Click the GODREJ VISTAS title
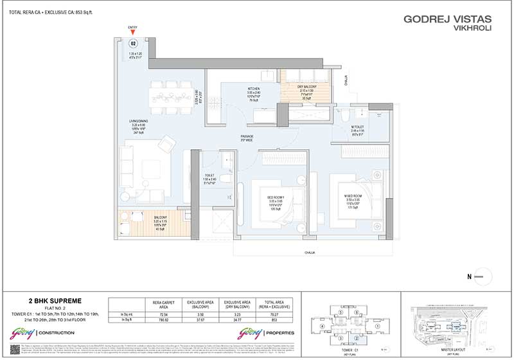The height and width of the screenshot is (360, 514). point(448,19)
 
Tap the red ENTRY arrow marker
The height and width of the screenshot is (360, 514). point(133,33)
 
